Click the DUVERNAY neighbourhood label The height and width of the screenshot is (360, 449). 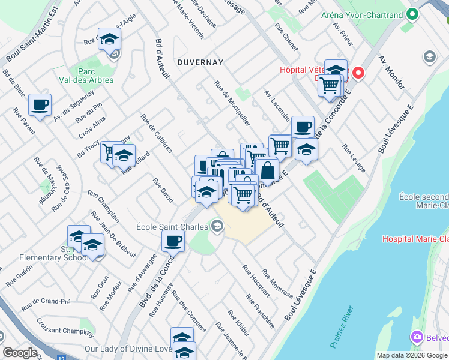pyautogui.click(x=200, y=62)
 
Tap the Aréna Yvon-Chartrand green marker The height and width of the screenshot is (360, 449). pyautogui.click(x=412, y=14)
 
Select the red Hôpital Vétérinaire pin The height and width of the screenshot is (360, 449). pyautogui.click(x=358, y=74)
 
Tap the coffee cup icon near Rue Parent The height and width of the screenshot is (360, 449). pyautogui.click(x=40, y=105)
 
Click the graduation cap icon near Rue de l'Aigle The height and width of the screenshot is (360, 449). pyautogui.click(x=109, y=39)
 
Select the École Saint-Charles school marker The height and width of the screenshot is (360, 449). pyautogui.click(x=217, y=226)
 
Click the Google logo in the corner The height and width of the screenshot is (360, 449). pyautogui.click(x=20, y=353)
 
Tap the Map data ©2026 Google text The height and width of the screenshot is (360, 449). pyautogui.click(x=412, y=355)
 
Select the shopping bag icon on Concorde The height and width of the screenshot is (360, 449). pyautogui.click(x=267, y=169)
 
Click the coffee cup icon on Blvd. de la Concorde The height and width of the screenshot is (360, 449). pyautogui.click(x=173, y=241)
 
